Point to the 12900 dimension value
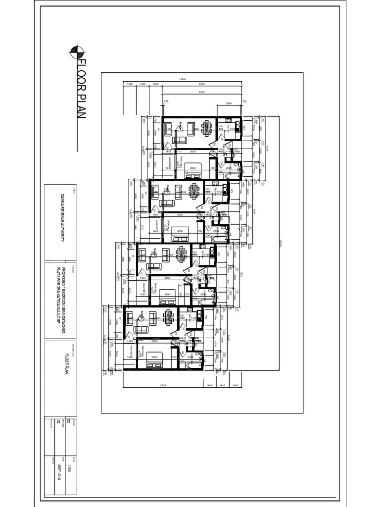point(182,80)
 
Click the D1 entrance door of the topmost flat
point(168,147)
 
